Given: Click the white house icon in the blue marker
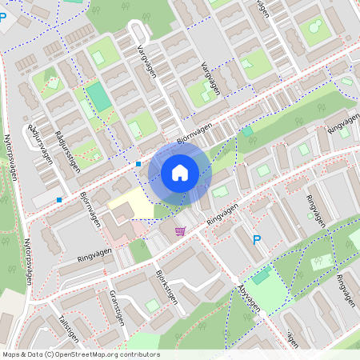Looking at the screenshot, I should (x=180, y=172).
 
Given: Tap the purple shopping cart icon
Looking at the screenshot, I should (x=180, y=231).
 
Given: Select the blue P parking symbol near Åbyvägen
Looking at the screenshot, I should (x=257, y=239).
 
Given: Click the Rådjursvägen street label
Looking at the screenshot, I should (x=39, y=143).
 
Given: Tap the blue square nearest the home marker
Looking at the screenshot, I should (x=138, y=164).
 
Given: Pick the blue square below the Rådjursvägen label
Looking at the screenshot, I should (x=58, y=199).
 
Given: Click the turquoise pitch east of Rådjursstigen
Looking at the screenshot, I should (x=99, y=96).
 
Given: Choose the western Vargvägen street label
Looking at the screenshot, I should (x=147, y=62).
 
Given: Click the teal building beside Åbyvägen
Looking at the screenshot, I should (x=262, y=275).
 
